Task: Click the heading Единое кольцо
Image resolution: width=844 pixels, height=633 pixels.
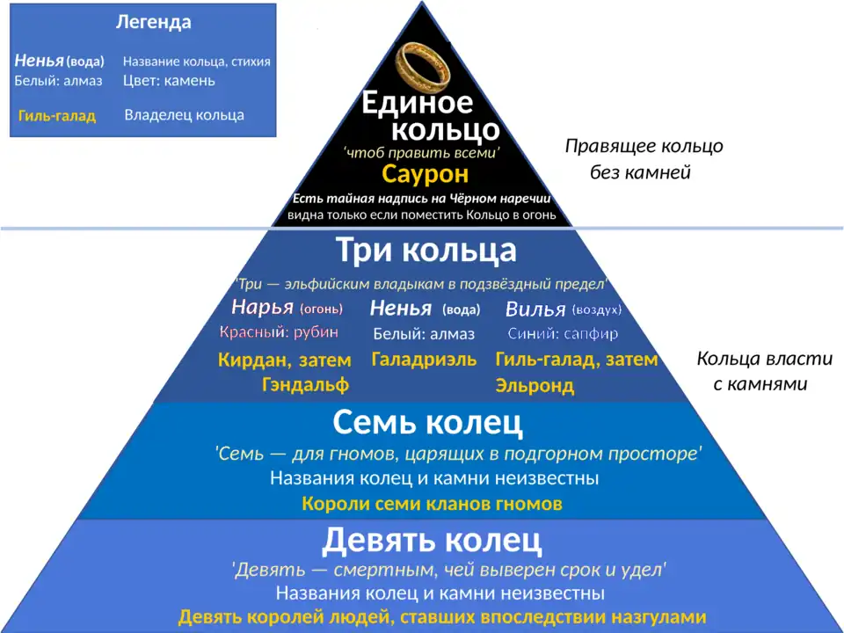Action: click(x=431, y=117)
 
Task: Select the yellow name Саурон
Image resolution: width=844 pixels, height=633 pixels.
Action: click(x=425, y=174)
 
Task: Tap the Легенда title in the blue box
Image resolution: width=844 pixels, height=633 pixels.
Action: click(x=153, y=22)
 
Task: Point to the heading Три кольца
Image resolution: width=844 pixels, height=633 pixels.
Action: click(x=426, y=251)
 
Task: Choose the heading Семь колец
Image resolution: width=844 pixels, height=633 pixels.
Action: click(x=427, y=423)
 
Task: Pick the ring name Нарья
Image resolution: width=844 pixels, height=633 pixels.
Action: click(x=262, y=308)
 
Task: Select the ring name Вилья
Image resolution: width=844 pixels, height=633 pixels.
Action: click(x=535, y=309)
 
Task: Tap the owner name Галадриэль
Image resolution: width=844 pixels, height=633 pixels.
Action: click(x=424, y=360)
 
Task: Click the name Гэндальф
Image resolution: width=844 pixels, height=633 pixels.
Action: click(x=305, y=384)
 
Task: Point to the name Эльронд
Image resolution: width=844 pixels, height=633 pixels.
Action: click(x=535, y=385)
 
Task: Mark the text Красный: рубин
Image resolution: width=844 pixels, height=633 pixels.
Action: click(x=279, y=333)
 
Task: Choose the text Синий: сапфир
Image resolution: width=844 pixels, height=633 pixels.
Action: click(x=563, y=334)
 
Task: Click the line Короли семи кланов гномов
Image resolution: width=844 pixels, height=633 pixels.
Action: click(x=432, y=504)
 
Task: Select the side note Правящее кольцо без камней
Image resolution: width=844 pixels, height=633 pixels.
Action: click(x=644, y=159)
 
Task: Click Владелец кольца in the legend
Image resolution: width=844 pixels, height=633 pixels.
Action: click(x=184, y=115)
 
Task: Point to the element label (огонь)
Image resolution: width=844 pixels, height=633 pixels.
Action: click(x=321, y=309)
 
